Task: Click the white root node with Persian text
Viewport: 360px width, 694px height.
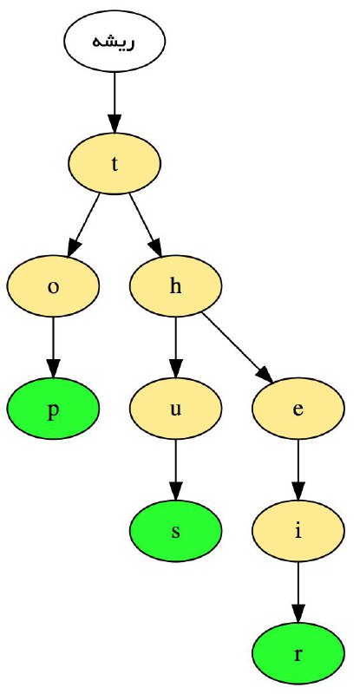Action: tap(115, 41)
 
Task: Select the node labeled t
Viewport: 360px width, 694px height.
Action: tap(115, 164)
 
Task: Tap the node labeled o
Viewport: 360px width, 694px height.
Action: tap(53, 286)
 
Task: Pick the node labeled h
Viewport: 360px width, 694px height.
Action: tap(176, 286)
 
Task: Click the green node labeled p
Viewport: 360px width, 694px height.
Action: tap(53, 409)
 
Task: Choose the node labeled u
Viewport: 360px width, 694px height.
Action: tap(176, 409)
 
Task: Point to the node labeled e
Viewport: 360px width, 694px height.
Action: tap(298, 409)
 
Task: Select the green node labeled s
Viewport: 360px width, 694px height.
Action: tap(176, 532)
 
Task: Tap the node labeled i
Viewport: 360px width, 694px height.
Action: tap(298, 532)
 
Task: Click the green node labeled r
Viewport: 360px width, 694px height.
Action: tap(298, 654)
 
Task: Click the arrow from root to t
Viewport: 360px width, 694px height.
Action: tap(115, 102)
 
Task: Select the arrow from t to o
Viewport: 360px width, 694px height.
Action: tap(83, 226)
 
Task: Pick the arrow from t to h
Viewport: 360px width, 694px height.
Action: tap(146, 226)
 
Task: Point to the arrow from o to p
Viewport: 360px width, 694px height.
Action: tap(53, 348)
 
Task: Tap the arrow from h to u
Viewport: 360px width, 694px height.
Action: tap(176, 348)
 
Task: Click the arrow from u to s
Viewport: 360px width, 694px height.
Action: tap(176, 470)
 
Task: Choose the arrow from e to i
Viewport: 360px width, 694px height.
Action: tap(298, 470)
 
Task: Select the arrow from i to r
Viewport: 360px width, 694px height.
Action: tap(298, 593)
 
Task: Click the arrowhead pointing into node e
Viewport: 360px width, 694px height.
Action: tap(265, 375)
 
